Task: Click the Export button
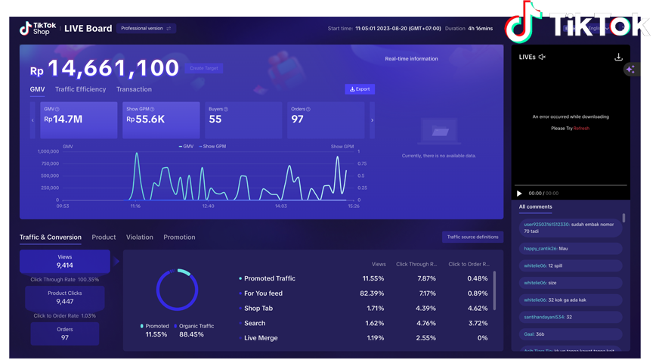(x=360, y=89)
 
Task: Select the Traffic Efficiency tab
(x=80, y=89)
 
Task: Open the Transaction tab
(x=134, y=89)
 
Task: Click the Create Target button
(x=203, y=68)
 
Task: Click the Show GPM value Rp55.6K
(x=161, y=119)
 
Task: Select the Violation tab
(x=139, y=237)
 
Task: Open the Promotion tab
(x=179, y=237)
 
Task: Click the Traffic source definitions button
(x=472, y=237)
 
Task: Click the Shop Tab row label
(x=258, y=309)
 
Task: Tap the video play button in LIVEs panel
(x=519, y=194)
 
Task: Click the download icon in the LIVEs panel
(x=618, y=57)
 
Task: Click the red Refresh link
(x=581, y=129)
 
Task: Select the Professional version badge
(x=147, y=29)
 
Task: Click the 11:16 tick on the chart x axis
(x=135, y=206)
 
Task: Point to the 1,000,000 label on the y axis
(x=48, y=151)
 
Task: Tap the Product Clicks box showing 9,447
(x=64, y=297)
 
